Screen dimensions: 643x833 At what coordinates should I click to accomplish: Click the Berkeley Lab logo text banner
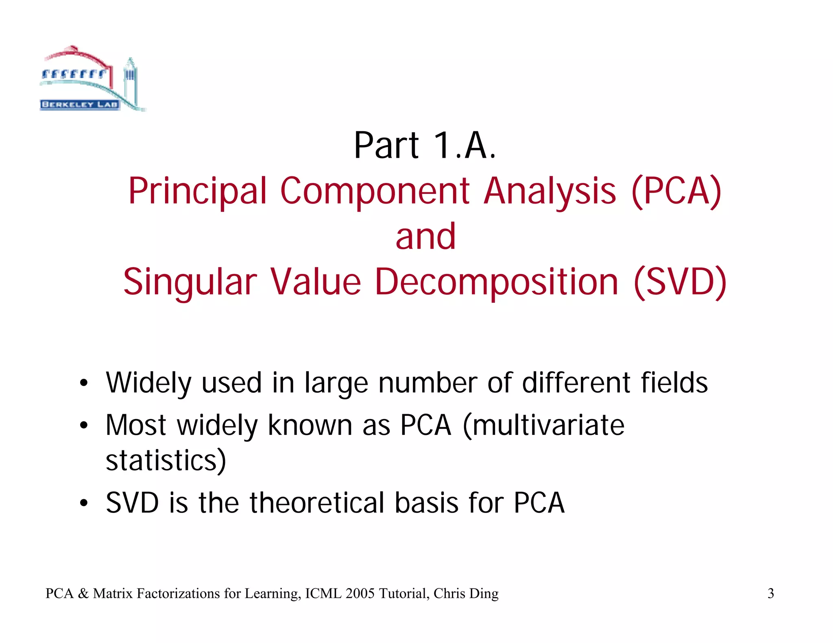coord(80,104)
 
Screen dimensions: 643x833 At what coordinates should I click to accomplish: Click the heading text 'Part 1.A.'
coord(425,146)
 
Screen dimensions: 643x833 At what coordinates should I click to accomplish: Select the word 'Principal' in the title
coord(198,191)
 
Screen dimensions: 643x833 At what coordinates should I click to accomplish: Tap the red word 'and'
coord(425,237)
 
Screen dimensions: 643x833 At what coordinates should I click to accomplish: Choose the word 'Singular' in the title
coord(190,282)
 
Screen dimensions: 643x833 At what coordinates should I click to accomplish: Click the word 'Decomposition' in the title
coord(496,282)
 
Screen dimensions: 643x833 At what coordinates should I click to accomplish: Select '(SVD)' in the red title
coord(680,282)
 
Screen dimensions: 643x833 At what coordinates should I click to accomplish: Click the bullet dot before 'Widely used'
coord(84,383)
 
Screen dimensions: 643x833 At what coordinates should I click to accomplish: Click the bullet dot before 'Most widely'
coord(84,426)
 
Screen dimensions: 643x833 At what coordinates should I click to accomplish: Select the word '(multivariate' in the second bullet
coord(543,426)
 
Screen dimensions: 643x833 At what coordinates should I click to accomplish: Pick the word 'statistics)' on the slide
coord(166,461)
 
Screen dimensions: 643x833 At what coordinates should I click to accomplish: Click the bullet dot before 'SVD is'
coord(84,503)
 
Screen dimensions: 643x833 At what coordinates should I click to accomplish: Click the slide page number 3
coord(770,594)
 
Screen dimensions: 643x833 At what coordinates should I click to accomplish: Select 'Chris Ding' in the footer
coord(466,594)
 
